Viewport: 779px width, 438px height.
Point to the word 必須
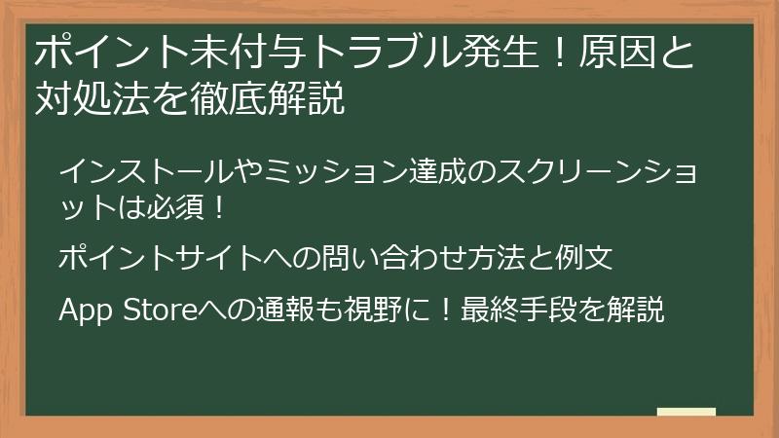click(x=176, y=207)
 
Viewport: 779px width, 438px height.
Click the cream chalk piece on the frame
click(x=686, y=412)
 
